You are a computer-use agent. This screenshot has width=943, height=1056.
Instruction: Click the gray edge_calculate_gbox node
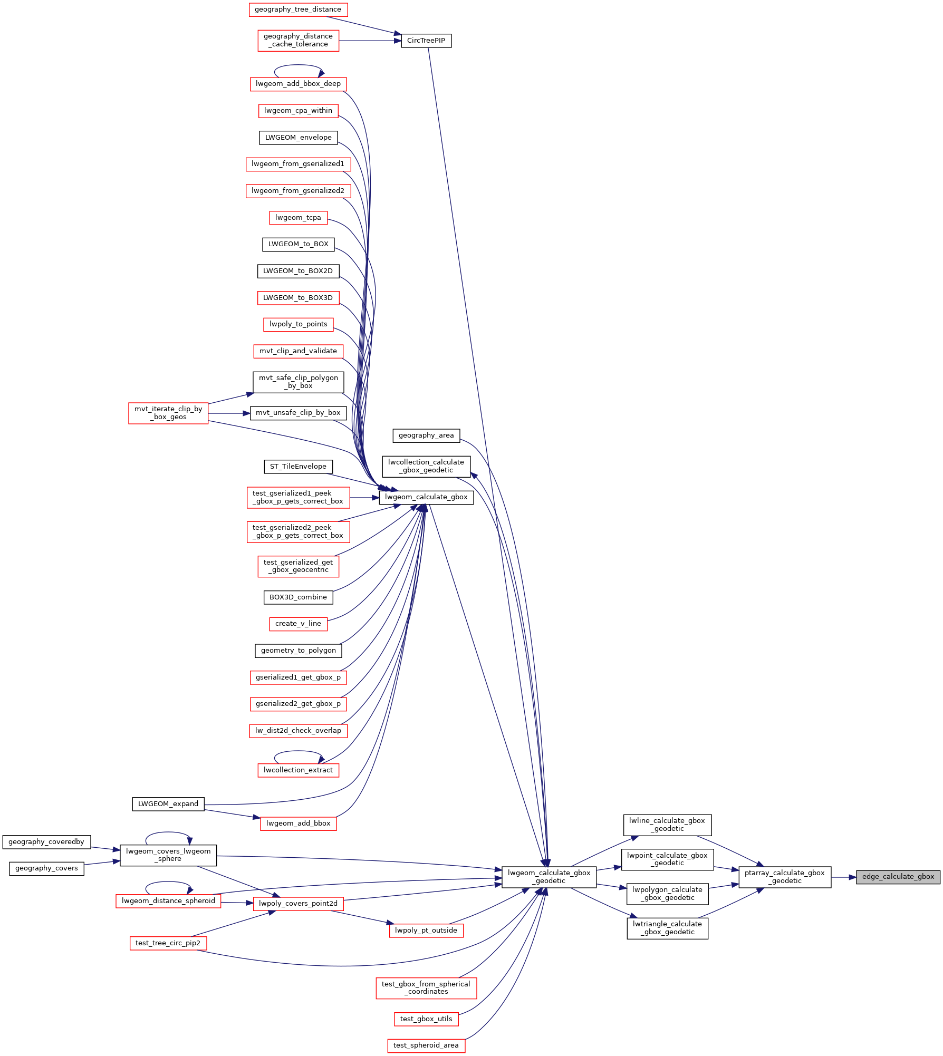point(898,877)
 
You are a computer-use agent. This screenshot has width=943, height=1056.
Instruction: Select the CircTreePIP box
point(426,41)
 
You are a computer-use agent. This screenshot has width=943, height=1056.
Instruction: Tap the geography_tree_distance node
point(298,9)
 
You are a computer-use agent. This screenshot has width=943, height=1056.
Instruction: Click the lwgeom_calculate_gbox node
point(426,497)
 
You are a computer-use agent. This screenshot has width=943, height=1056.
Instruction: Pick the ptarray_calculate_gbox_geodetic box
point(785,877)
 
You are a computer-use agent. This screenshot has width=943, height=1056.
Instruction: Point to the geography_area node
point(426,435)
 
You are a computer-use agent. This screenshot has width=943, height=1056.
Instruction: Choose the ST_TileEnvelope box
point(298,467)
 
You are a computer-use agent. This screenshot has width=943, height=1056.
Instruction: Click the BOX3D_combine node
point(298,597)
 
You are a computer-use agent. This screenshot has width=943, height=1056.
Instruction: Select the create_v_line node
point(298,624)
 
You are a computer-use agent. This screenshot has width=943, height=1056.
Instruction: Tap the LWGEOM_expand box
point(168,804)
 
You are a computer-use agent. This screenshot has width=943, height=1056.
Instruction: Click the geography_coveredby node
point(46,842)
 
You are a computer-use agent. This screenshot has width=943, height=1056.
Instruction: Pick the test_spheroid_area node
point(426,1045)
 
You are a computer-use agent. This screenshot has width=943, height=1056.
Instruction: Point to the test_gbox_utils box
point(426,1019)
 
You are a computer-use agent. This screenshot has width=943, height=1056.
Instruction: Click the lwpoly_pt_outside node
point(426,931)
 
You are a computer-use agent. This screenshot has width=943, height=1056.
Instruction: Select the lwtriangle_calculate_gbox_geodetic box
point(668,928)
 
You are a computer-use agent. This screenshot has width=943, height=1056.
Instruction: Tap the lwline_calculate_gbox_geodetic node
point(668,825)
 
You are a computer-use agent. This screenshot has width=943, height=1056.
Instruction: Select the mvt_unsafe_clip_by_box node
point(298,413)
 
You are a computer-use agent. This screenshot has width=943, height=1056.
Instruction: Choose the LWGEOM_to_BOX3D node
point(298,298)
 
